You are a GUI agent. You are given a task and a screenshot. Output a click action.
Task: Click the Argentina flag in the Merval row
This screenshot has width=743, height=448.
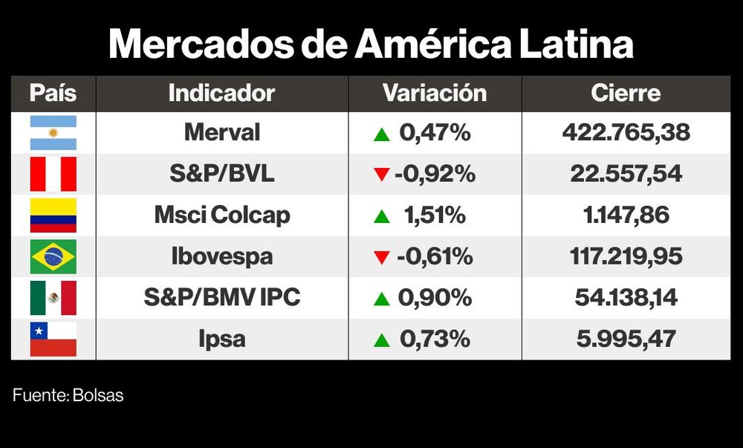point(53,133)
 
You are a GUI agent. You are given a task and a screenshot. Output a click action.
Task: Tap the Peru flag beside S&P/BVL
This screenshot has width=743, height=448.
point(53,175)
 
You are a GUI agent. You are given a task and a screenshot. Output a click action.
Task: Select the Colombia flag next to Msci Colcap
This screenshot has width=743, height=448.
point(53,215)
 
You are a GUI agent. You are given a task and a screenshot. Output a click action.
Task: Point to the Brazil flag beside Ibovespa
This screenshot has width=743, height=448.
point(53,257)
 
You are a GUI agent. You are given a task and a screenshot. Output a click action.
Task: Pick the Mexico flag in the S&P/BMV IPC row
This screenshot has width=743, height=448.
point(53,298)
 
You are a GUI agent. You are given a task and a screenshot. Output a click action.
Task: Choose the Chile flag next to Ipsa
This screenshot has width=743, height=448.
point(53,340)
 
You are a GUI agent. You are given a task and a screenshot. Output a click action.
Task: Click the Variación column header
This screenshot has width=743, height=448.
point(435,94)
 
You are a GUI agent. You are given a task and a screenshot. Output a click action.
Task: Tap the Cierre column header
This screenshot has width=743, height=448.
point(626,94)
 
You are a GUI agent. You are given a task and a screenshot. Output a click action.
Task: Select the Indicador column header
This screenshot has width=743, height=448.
point(221,94)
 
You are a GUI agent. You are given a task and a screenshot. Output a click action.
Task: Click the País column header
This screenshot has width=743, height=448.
point(53,94)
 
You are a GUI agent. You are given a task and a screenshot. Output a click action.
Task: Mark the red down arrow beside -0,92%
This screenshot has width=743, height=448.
point(382,175)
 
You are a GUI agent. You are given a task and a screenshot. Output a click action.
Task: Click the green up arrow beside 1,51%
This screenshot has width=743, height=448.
point(382,217)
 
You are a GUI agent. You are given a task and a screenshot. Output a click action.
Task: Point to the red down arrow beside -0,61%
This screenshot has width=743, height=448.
point(382,258)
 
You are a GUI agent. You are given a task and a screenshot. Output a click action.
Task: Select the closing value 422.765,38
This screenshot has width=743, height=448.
point(626,133)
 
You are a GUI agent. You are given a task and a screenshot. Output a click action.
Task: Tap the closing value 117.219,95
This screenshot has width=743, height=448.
point(626,257)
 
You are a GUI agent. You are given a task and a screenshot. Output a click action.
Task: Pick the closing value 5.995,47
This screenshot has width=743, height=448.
point(626,340)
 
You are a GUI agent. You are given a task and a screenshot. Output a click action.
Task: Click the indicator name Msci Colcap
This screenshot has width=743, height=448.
point(221,215)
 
